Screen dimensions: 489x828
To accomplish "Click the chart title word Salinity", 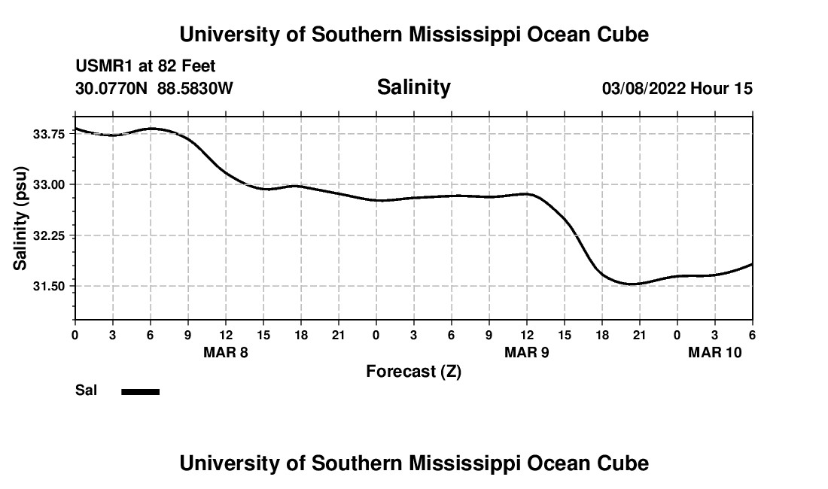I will (x=413, y=87).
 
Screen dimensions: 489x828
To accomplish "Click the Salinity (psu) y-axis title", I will (x=20, y=217).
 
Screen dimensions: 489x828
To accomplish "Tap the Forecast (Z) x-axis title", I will (x=413, y=371).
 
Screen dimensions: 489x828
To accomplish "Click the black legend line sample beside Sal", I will (x=141, y=391).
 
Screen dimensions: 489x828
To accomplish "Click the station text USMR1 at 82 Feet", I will (x=145, y=67).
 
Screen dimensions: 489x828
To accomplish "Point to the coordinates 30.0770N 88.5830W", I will (x=154, y=89).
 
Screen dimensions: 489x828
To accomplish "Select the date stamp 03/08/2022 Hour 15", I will (x=677, y=89).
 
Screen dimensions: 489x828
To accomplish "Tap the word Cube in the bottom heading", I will (x=623, y=463).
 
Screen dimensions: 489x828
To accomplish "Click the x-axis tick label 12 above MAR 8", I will (x=225, y=334).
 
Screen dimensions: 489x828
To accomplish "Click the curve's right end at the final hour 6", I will (x=751, y=264).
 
